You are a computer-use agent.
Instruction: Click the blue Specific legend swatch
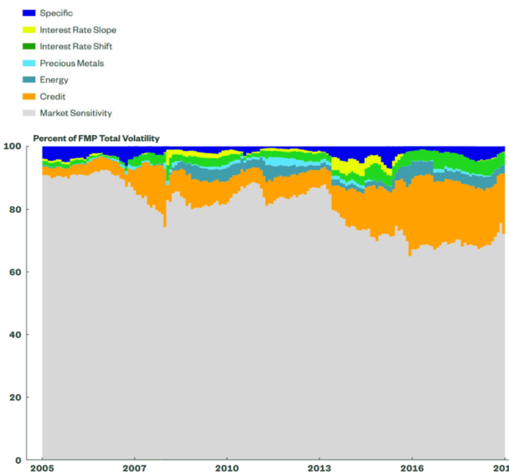pyautogui.click(x=29, y=13)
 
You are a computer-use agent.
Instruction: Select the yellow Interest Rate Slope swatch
pyautogui.click(x=29, y=30)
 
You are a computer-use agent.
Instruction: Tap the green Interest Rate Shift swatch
pyautogui.click(x=29, y=47)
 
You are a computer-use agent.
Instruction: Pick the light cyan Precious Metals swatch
pyautogui.click(x=29, y=63)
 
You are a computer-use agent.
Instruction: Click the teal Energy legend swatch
pyautogui.click(x=29, y=80)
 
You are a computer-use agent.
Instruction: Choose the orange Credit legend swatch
pyautogui.click(x=29, y=97)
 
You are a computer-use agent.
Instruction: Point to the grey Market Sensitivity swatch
pyautogui.click(x=29, y=113)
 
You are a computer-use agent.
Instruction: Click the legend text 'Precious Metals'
pyautogui.click(x=72, y=63)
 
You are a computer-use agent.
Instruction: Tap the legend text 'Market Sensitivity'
pyautogui.click(x=76, y=113)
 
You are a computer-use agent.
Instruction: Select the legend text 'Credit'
pyautogui.click(x=52, y=97)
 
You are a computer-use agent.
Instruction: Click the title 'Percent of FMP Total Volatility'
pyautogui.click(x=96, y=138)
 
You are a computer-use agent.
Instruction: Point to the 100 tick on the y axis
pyautogui.click(x=12, y=146)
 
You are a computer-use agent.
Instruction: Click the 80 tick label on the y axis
pyautogui.click(x=15, y=209)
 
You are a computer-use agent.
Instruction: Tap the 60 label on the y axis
pyautogui.click(x=15, y=272)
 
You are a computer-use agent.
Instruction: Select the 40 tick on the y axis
pyautogui.click(x=15, y=334)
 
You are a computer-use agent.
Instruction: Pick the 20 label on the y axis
pyautogui.click(x=15, y=397)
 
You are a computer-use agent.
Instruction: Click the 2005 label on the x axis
pyautogui.click(x=42, y=468)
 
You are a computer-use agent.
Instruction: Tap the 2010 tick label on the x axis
pyautogui.click(x=227, y=468)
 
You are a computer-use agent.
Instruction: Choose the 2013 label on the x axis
pyautogui.click(x=319, y=468)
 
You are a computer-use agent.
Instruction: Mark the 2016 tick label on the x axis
pyautogui.click(x=412, y=468)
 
